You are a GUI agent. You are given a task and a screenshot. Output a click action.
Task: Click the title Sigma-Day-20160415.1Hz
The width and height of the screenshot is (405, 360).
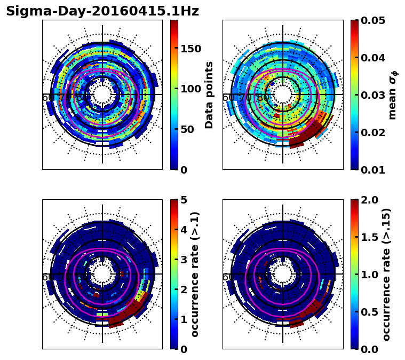pyautogui.click(x=102, y=11)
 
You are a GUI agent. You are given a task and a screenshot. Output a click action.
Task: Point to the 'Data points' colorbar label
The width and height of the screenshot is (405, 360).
pyautogui.click(x=209, y=95)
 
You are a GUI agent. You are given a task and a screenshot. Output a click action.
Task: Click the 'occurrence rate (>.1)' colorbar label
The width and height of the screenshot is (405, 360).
pyautogui.click(x=195, y=275)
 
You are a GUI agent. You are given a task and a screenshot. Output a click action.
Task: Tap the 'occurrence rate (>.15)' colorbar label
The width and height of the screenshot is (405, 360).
pyautogui.click(x=387, y=275)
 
